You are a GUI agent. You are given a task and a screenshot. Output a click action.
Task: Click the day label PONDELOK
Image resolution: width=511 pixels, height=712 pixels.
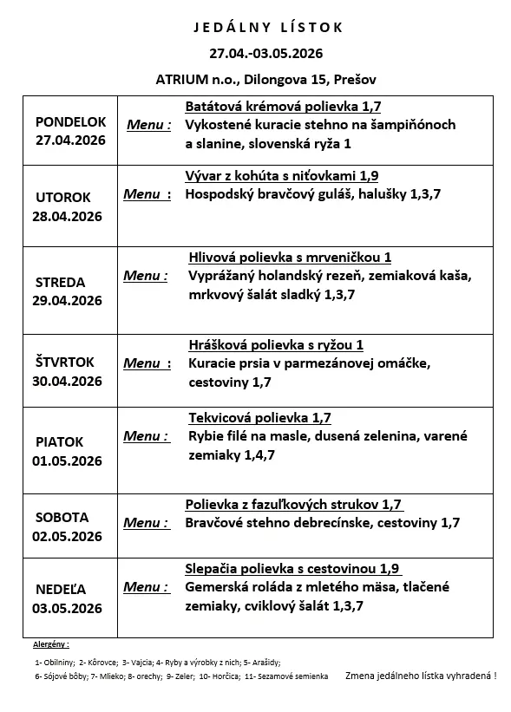71,122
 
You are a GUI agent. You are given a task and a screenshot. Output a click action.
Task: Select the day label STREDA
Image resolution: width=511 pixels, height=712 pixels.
60,283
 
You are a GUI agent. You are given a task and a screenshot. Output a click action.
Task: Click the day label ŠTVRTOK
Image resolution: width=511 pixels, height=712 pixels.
65,363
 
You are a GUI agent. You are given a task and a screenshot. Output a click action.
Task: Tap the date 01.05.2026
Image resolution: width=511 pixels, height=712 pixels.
69,460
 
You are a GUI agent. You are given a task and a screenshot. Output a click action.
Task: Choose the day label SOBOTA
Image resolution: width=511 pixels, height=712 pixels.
62,517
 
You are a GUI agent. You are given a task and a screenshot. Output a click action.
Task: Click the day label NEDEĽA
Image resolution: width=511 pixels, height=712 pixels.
62,590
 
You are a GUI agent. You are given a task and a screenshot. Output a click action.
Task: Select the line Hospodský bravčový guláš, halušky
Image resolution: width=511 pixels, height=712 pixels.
313,194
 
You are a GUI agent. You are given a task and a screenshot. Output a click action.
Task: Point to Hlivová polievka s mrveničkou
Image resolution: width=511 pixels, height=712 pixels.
290,257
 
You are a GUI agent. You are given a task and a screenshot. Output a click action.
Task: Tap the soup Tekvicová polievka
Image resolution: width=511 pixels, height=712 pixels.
259,417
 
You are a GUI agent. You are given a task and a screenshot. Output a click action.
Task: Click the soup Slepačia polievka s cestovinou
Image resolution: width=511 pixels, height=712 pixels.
292,569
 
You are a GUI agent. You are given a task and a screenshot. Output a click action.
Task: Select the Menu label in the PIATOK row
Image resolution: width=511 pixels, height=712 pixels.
146,435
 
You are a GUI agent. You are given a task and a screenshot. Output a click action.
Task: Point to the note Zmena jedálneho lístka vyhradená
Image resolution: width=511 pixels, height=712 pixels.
420,675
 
